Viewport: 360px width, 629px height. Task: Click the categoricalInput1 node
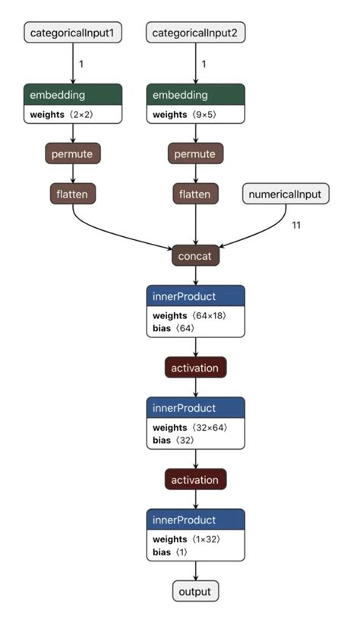[73, 33]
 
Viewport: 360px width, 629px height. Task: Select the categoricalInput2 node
[195, 33]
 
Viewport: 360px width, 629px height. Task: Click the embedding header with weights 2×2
[73, 95]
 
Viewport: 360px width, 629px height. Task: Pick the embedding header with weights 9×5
[195, 95]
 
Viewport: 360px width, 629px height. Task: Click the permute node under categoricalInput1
[73, 153]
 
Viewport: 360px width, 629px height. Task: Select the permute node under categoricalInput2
[195, 153]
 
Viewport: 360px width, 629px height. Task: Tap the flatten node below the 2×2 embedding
[73, 194]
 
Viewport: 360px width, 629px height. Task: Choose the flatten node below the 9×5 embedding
[195, 194]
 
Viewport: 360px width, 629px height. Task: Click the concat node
[195, 256]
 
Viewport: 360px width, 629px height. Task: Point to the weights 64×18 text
[188, 315]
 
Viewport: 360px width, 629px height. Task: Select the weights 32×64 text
[188, 428]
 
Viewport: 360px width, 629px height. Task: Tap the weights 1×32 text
[186, 539]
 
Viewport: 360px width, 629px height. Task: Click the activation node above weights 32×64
[195, 368]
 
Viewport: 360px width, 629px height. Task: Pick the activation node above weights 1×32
[195, 480]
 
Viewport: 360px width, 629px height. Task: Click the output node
[195, 592]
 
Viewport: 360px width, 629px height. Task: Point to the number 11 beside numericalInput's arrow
[296, 225]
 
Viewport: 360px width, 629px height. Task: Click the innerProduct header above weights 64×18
[195, 296]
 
